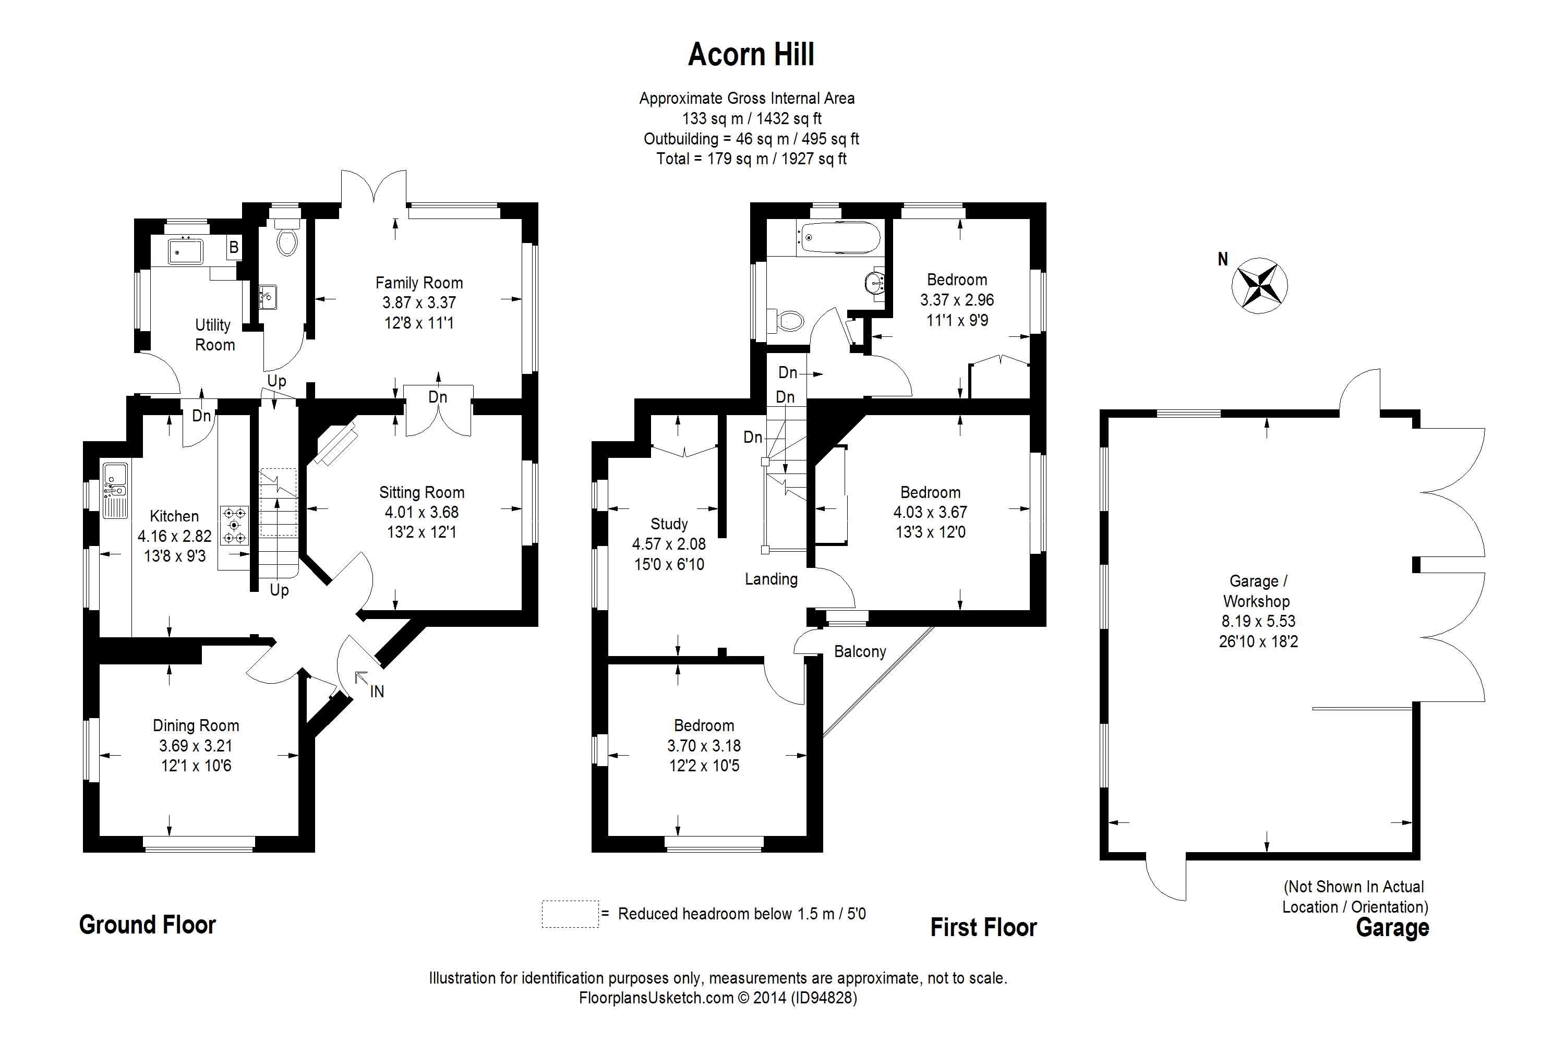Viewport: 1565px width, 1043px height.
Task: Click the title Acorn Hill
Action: (x=751, y=55)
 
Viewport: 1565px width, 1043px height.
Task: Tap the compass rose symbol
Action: (x=1260, y=285)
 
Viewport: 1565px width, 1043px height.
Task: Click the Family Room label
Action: (x=419, y=283)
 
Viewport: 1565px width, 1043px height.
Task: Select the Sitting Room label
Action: (x=422, y=492)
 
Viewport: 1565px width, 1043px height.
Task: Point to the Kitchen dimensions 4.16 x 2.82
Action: (x=174, y=536)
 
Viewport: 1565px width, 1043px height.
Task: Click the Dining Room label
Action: (x=196, y=726)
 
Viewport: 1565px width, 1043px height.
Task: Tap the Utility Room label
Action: (x=214, y=335)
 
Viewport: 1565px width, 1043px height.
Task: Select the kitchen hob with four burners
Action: (x=234, y=526)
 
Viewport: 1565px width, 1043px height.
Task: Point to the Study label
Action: (x=669, y=524)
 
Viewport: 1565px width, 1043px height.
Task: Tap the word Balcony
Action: (x=860, y=652)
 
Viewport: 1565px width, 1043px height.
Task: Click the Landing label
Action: (x=771, y=579)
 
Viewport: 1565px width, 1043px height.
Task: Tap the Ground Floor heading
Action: (x=148, y=925)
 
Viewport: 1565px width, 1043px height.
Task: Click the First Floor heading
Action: (x=983, y=927)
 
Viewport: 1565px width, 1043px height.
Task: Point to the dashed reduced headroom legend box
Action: (x=570, y=914)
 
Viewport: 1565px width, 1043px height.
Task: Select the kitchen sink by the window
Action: (x=115, y=491)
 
